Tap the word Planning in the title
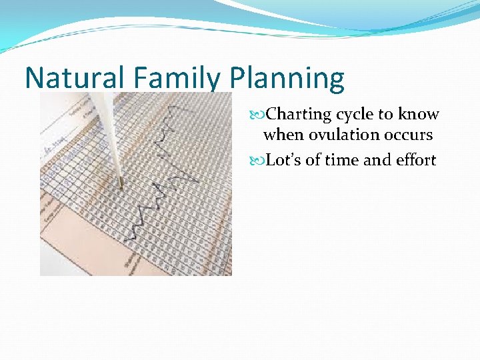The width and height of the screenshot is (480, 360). pyautogui.click(x=287, y=78)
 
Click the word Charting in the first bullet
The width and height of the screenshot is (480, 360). pyautogui.click(x=299, y=115)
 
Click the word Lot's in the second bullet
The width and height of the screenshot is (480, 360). pyautogui.click(x=283, y=160)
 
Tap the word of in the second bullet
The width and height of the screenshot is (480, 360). pyautogui.click(x=313, y=160)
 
